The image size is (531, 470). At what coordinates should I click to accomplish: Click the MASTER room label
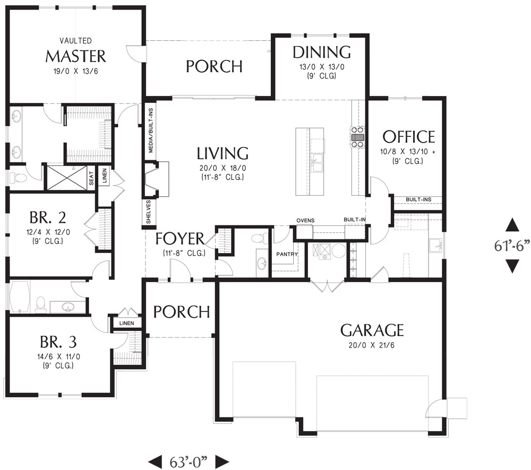[x=75, y=57]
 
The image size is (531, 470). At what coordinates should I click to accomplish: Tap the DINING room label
[x=322, y=52]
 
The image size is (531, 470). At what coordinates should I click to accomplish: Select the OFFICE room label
[x=409, y=137]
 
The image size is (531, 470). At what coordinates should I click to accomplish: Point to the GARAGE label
[x=372, y=330]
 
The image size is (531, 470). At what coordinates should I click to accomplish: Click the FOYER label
[x=180, y=239]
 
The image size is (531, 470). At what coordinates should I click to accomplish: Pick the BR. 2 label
[x=48, y=217]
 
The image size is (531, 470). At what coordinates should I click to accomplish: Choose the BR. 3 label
[x=58, y=342]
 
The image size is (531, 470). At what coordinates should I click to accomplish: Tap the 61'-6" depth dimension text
[x=511, y=246]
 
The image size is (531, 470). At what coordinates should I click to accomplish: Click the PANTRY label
[x=287, y=254]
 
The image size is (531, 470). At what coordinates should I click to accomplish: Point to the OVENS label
[x=305, y=221]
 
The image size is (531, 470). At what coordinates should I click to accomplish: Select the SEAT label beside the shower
[x=91, y=178]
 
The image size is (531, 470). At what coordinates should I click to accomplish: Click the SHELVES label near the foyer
[x=148, y=212]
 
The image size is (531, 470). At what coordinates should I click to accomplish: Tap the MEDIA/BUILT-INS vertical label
[x=151, y=130]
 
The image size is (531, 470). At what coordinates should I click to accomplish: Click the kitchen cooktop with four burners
[x=357, y=137]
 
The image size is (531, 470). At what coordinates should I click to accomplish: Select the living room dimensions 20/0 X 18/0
[x=222, y=168]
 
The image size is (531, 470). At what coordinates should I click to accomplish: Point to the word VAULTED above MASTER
[x=75, y=41]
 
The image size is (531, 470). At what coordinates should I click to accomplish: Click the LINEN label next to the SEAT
[x=105, y=176]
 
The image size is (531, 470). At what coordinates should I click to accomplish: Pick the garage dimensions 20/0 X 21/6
[x=372, y=345]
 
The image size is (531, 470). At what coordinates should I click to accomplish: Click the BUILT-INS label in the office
[x=418, y=199]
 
